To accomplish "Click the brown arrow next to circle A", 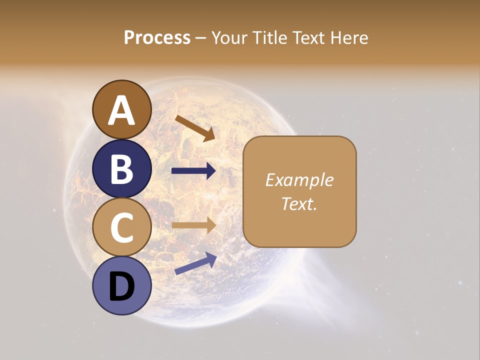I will point(195,128).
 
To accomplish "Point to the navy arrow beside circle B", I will point(193,171).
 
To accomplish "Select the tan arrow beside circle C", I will point(193,225).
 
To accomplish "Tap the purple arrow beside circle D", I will point(195,263).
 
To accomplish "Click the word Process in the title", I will point(157,38).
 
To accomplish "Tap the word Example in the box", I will point(299,180).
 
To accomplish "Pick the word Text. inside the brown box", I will point(299,203).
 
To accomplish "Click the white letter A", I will point(121,111).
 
